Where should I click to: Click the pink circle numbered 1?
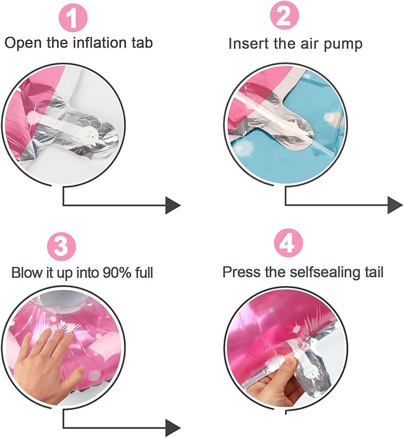73,17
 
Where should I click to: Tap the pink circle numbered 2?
284,15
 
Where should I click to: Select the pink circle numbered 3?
62,246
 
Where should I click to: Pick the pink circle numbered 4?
289,243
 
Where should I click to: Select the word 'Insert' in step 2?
249,44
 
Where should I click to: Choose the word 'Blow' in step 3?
26,272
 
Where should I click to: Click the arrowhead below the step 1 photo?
173,206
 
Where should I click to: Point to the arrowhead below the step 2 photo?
395,205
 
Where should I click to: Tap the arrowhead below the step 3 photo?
173,427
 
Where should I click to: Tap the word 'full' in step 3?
144,272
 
